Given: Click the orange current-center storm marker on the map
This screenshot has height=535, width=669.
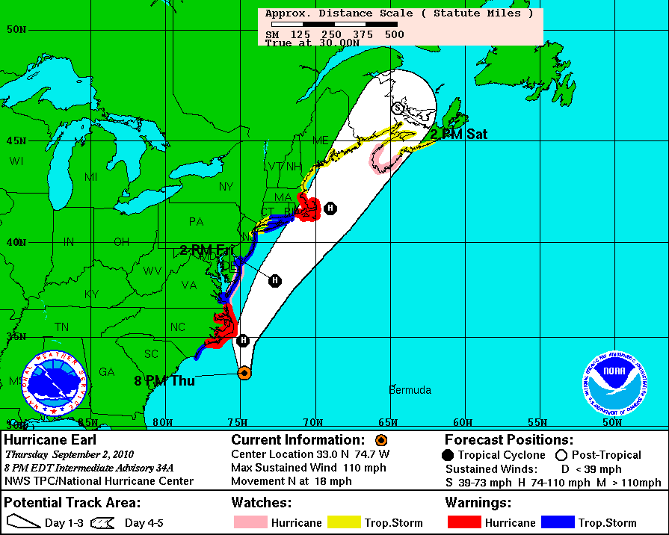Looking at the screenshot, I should [244, 373].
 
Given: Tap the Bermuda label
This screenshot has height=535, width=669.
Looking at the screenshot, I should [410, 390].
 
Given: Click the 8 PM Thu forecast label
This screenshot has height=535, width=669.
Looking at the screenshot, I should [164, 381].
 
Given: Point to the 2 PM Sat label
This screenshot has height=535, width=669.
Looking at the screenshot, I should [459, 134].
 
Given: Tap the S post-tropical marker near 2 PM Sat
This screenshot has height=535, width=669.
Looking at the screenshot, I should [398, 108].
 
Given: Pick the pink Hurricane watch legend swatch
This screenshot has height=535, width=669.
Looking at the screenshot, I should [250, 522].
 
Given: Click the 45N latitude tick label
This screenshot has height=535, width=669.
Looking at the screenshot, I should [16, 140].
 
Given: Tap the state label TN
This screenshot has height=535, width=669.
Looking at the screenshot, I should [62, 327].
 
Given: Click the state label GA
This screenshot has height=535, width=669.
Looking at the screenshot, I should [107, 372].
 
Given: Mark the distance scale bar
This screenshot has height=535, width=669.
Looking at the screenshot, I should [334, 25].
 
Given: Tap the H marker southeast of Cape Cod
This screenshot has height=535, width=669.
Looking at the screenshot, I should [330, 208].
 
